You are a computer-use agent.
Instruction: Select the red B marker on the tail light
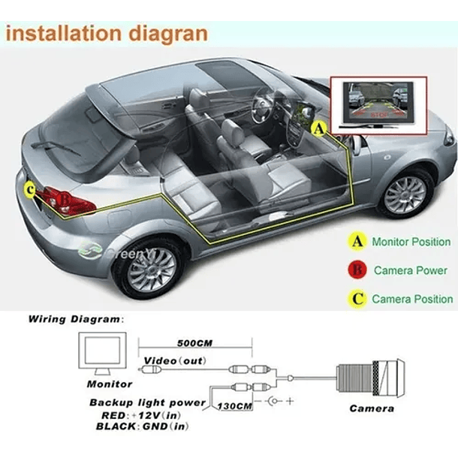[65, 200]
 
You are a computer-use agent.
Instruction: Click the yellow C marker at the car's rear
[29, 191]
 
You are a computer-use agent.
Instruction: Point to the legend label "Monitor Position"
[411, 242]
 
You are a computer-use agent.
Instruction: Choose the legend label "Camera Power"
[412, 270]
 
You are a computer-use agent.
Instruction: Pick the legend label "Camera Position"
[412, 299]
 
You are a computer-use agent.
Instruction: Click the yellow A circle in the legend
[357, 242]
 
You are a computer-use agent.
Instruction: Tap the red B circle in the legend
[357, 270]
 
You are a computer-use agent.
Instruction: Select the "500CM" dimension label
[194, 343]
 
